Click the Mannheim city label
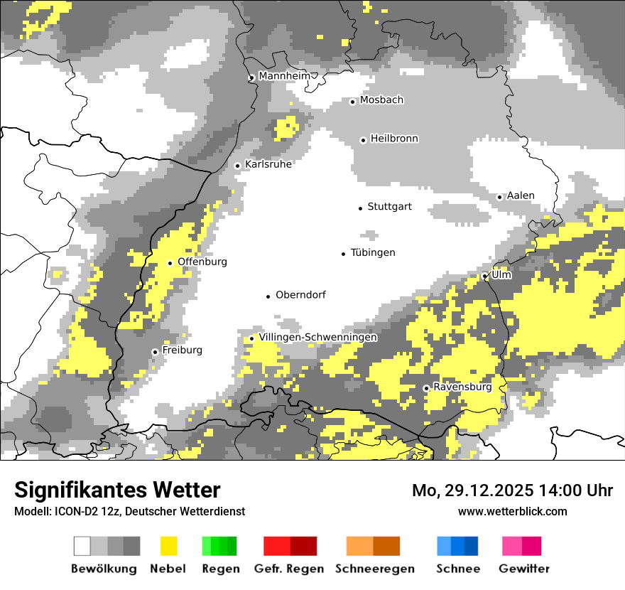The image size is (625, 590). point(284,76)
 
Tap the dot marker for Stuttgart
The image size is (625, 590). point(360,208)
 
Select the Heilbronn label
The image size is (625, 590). point(394,139)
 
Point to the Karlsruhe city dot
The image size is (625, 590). point(238,166)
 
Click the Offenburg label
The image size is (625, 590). point(202,262)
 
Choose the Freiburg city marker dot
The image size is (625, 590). point(155,352)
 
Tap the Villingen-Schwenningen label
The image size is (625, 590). point(317,337)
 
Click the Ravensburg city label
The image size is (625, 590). point(462,387)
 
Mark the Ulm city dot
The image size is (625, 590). point(485,276)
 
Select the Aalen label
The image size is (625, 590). point(521,195)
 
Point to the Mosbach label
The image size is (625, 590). point(381,100)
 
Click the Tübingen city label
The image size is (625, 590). point(373,252)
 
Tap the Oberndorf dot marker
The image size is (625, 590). point(268,296)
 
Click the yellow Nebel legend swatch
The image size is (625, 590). point(169,546)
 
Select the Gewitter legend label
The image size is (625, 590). point(523,569)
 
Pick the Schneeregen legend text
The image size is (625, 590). point(374,569)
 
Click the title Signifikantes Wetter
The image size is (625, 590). point(117,490)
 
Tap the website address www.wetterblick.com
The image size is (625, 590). point(512,511)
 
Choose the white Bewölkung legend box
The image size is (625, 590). point(82,546)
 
